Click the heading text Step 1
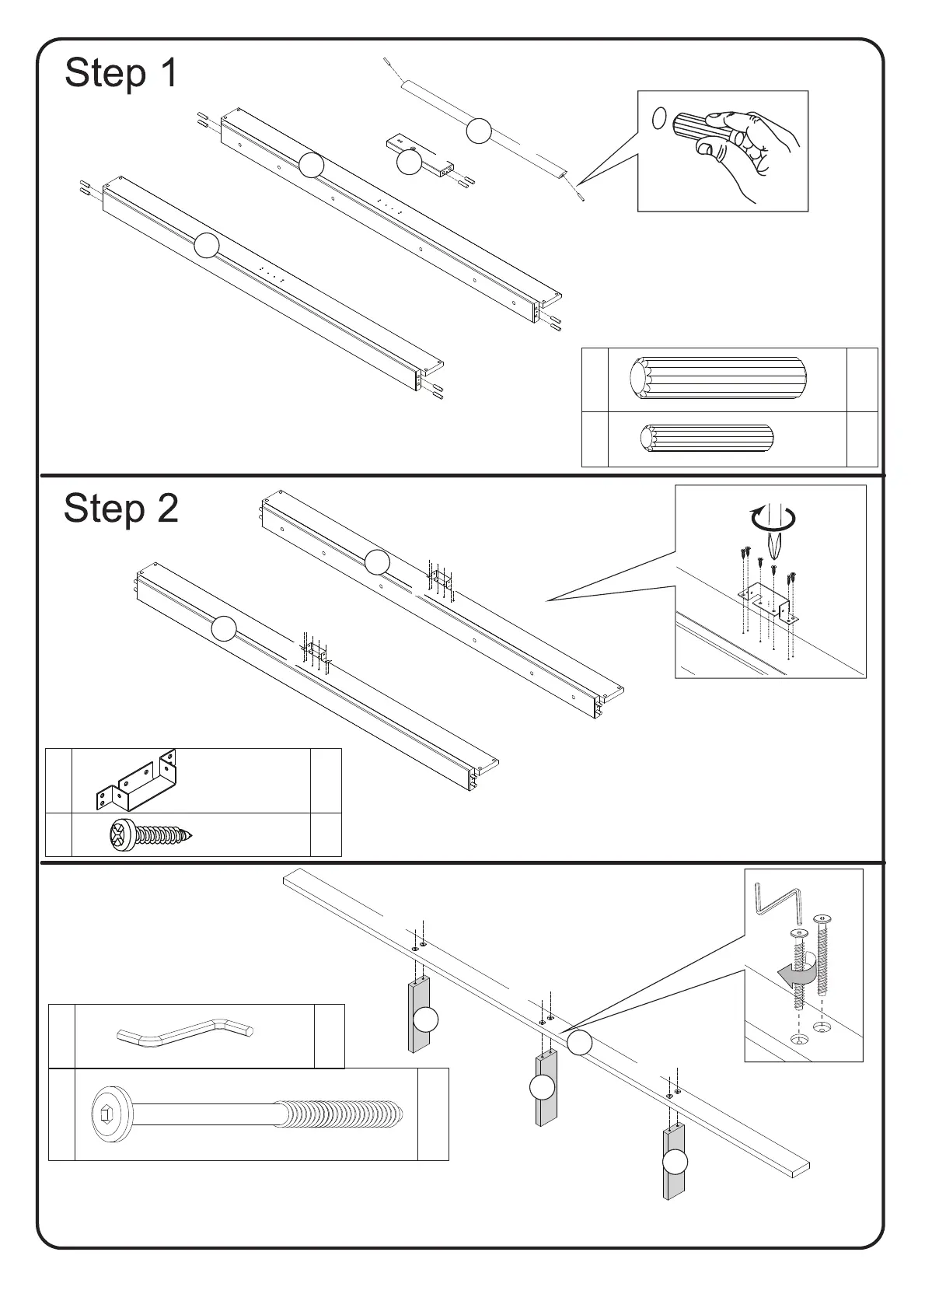click(x=121, y=73)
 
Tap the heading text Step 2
click(x=121, y=509)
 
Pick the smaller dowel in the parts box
click(x=707, y=440)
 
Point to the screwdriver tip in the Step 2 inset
click(x=773, y=551)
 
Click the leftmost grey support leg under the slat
click(x=419, y=1015)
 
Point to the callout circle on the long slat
click(x=579, y=1042)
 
